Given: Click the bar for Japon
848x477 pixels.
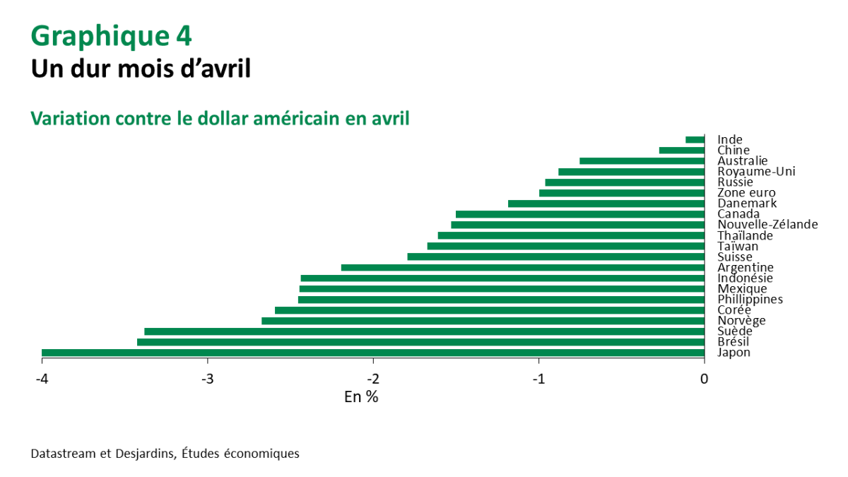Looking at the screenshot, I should [x=373, y=353].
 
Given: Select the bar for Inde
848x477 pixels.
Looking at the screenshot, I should [x=695, y=140].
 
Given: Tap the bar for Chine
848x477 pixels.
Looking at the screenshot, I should [x=682, y=151].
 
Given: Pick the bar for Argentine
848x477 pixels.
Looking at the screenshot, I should [x=523, y=268].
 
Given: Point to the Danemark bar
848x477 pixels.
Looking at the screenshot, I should [x=606, y=204].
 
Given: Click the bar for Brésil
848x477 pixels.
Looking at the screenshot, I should [x=420, y=342].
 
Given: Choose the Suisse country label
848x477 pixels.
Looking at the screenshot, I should [x=735, y=257].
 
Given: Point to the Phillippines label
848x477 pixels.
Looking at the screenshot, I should [x=750, y=300].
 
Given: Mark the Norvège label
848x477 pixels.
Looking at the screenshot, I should [x=741, y=321].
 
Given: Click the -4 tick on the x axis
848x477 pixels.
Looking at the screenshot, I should [x=42, y=379].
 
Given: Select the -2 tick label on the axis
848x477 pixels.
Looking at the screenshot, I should [x=373, y=379].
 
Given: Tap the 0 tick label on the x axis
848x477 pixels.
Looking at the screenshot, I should [x=704, y=379].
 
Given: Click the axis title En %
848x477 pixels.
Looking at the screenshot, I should [x=361, y=397].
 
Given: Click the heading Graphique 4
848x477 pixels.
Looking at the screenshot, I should [x=111, y=35].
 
